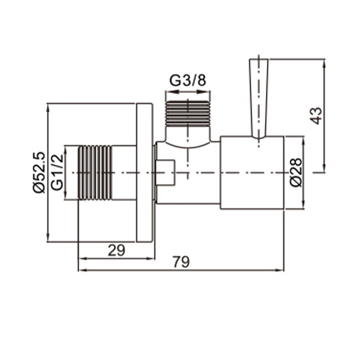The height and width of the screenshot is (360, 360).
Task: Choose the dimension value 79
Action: (x=181, y=262)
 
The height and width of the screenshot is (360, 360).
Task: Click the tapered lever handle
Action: (x=259, y=97)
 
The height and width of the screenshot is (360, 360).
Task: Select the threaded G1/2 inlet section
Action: (x=95, y=173)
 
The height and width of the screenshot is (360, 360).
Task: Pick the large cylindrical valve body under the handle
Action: (x=252, y=173)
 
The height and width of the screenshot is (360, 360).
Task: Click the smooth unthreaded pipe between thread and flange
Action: (x=124, y=173)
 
